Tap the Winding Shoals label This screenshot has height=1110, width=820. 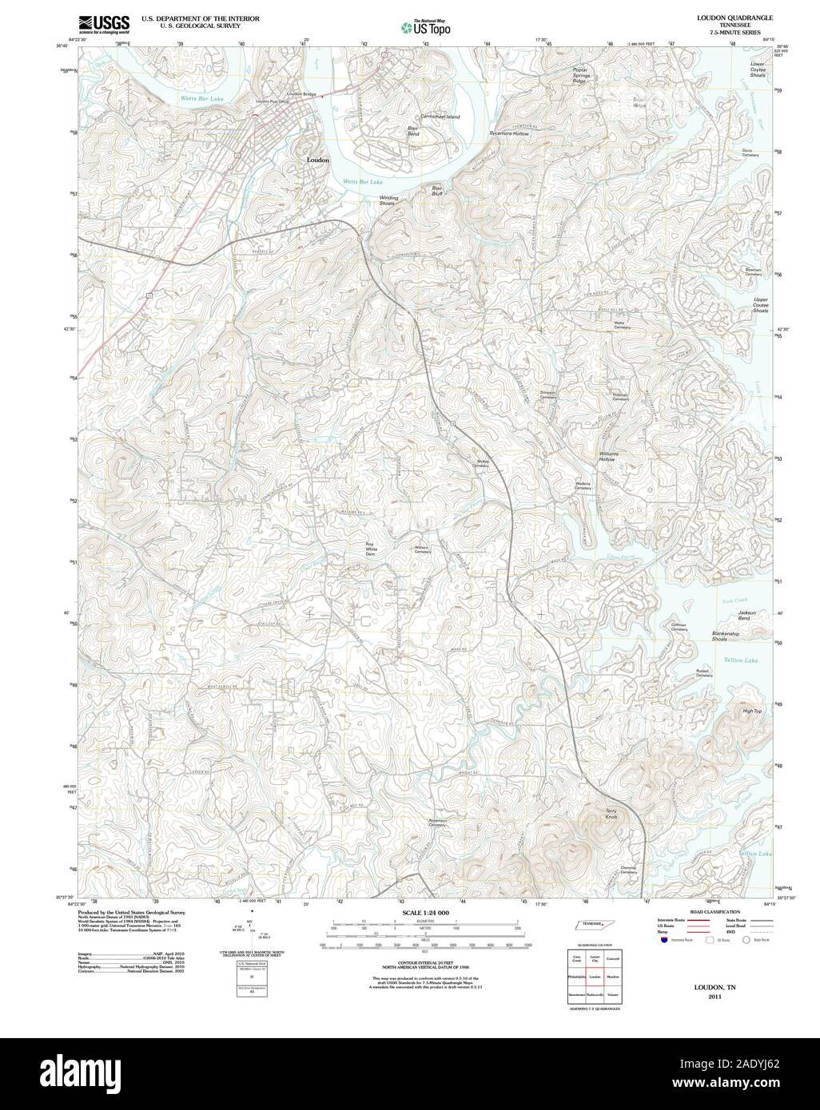(x=388, y=200)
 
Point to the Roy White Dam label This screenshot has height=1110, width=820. (x=371, y=549)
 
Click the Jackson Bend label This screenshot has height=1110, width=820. (x=749, y=616)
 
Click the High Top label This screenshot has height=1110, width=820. (x=752, y=711)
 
